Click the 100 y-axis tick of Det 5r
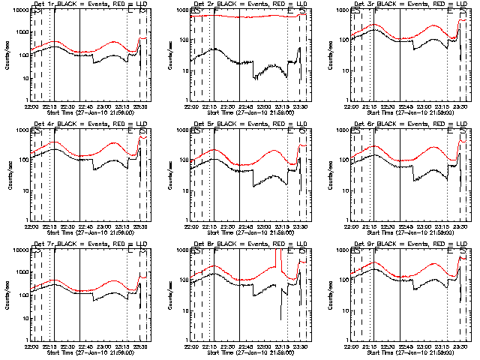183,159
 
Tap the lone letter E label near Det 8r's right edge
289,251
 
